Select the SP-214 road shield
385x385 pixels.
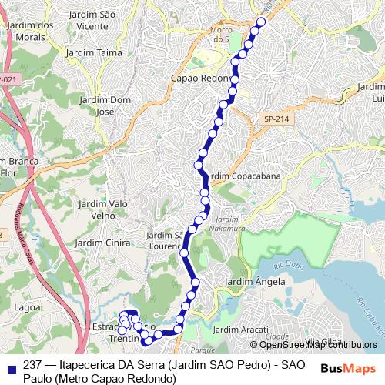272,119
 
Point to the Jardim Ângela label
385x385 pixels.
254,282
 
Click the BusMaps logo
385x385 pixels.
349,368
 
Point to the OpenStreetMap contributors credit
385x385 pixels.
317,345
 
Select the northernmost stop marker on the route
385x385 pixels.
260,22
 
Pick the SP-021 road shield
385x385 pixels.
8,79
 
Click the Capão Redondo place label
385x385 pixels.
206,78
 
